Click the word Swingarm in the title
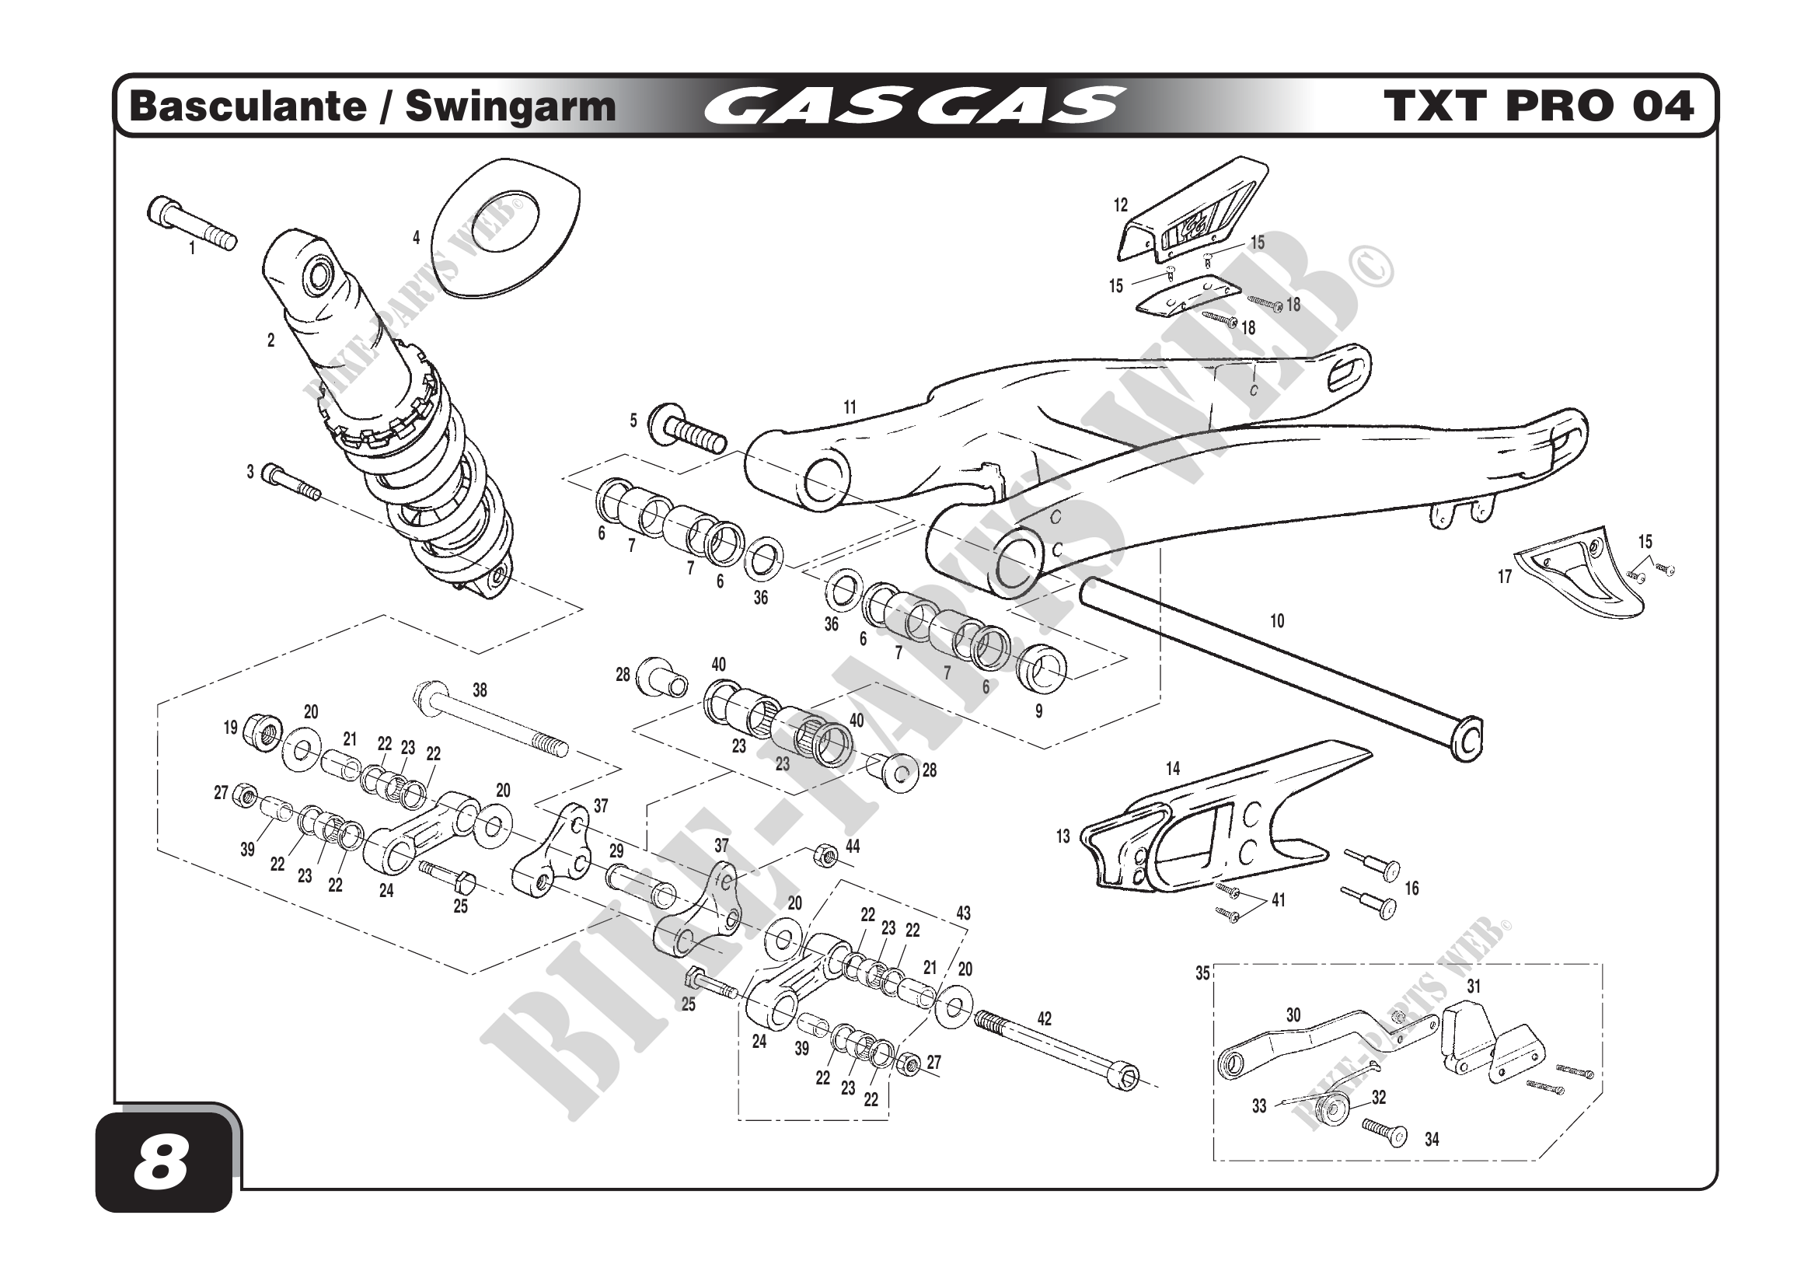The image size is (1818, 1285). point(510,107)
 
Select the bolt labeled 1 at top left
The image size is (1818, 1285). point(192,222)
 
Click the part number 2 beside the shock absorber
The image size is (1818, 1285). point(270,340)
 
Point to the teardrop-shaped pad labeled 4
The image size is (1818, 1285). point(509,225)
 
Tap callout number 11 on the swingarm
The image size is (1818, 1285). point(850,408)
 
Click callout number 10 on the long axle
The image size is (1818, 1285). point(1276,622)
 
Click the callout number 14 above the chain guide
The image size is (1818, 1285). point(1173,768)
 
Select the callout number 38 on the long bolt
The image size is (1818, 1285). point(480,690)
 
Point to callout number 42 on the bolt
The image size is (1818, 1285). point(1044,1018)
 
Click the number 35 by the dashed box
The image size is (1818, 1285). point(1202,974)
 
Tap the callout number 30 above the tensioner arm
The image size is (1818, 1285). point(1293,1015)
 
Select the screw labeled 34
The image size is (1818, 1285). point(1384,1133)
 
